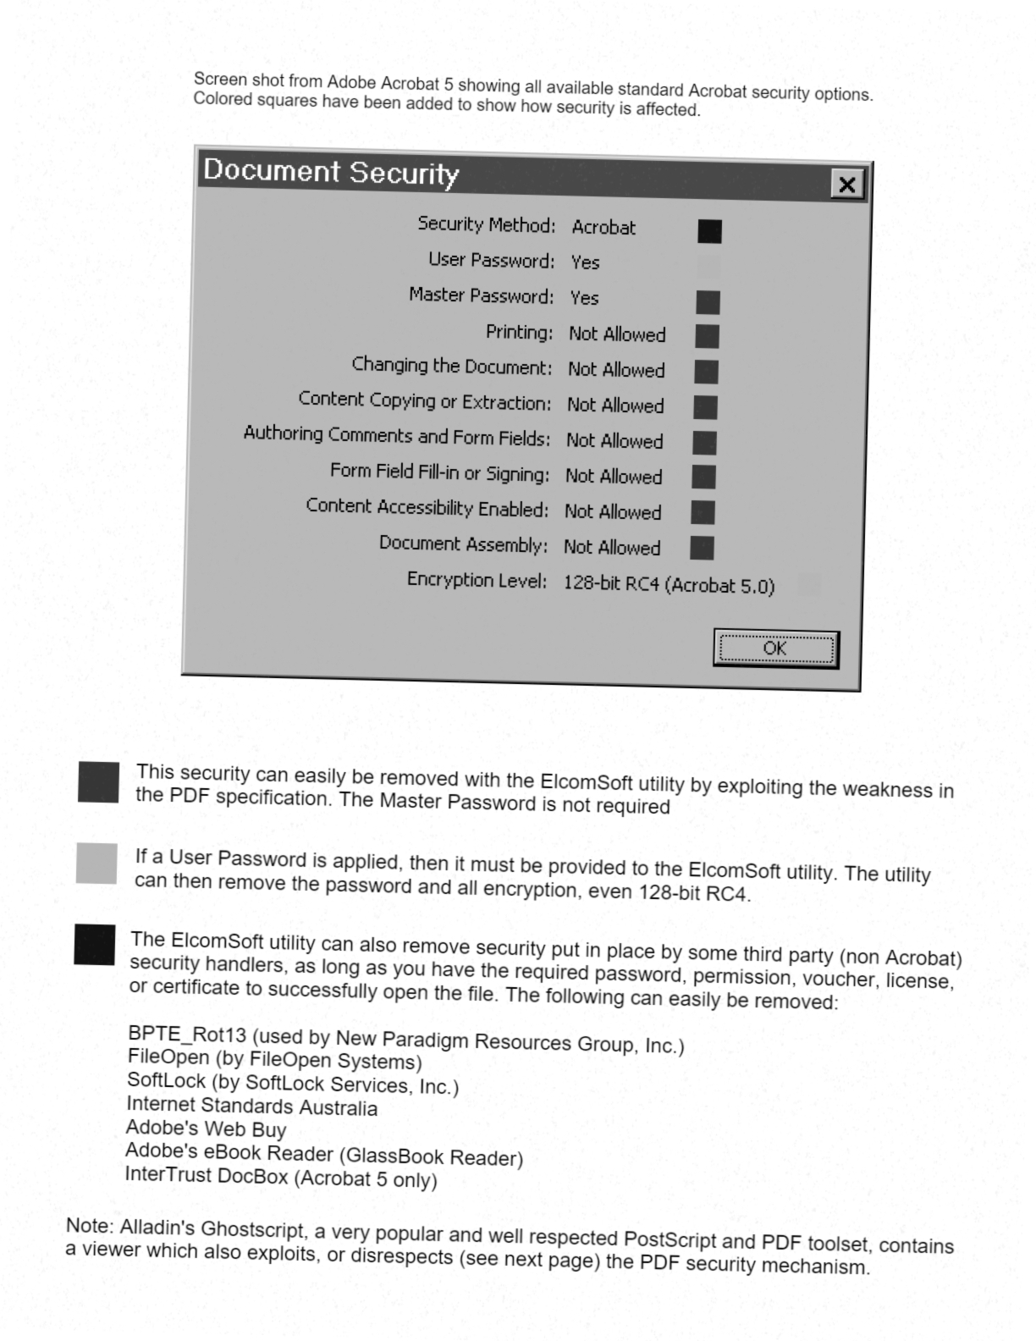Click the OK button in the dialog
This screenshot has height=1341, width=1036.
pos(775,649)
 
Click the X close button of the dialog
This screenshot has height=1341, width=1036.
pos(846,185)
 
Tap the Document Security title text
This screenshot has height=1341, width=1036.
pos(331,172)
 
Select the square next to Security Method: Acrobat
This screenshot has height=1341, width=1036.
pos(709,231)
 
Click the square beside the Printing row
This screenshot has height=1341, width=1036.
pos(707,336)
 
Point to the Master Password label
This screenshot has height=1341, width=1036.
pos(481,295)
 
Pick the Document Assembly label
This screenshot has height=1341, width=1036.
pos(463,544)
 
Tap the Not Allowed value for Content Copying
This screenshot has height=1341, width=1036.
pos(615,406)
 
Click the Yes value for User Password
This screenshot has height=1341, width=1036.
pos(585,262)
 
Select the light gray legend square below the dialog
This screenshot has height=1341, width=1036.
pos(96,863)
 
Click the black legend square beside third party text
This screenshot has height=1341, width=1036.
pos(94,944)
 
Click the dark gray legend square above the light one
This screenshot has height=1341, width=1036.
pos(98,781)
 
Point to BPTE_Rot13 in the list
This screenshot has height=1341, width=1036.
pos(187,1034)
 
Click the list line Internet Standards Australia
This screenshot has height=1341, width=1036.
pos(251,1106)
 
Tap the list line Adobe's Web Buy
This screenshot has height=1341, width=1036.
pos(206,1129)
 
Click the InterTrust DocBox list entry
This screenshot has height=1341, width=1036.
pos(280,1177)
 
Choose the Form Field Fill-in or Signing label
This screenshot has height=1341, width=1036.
pos(439,472)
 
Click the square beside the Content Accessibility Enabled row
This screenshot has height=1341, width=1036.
pos(703,512)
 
